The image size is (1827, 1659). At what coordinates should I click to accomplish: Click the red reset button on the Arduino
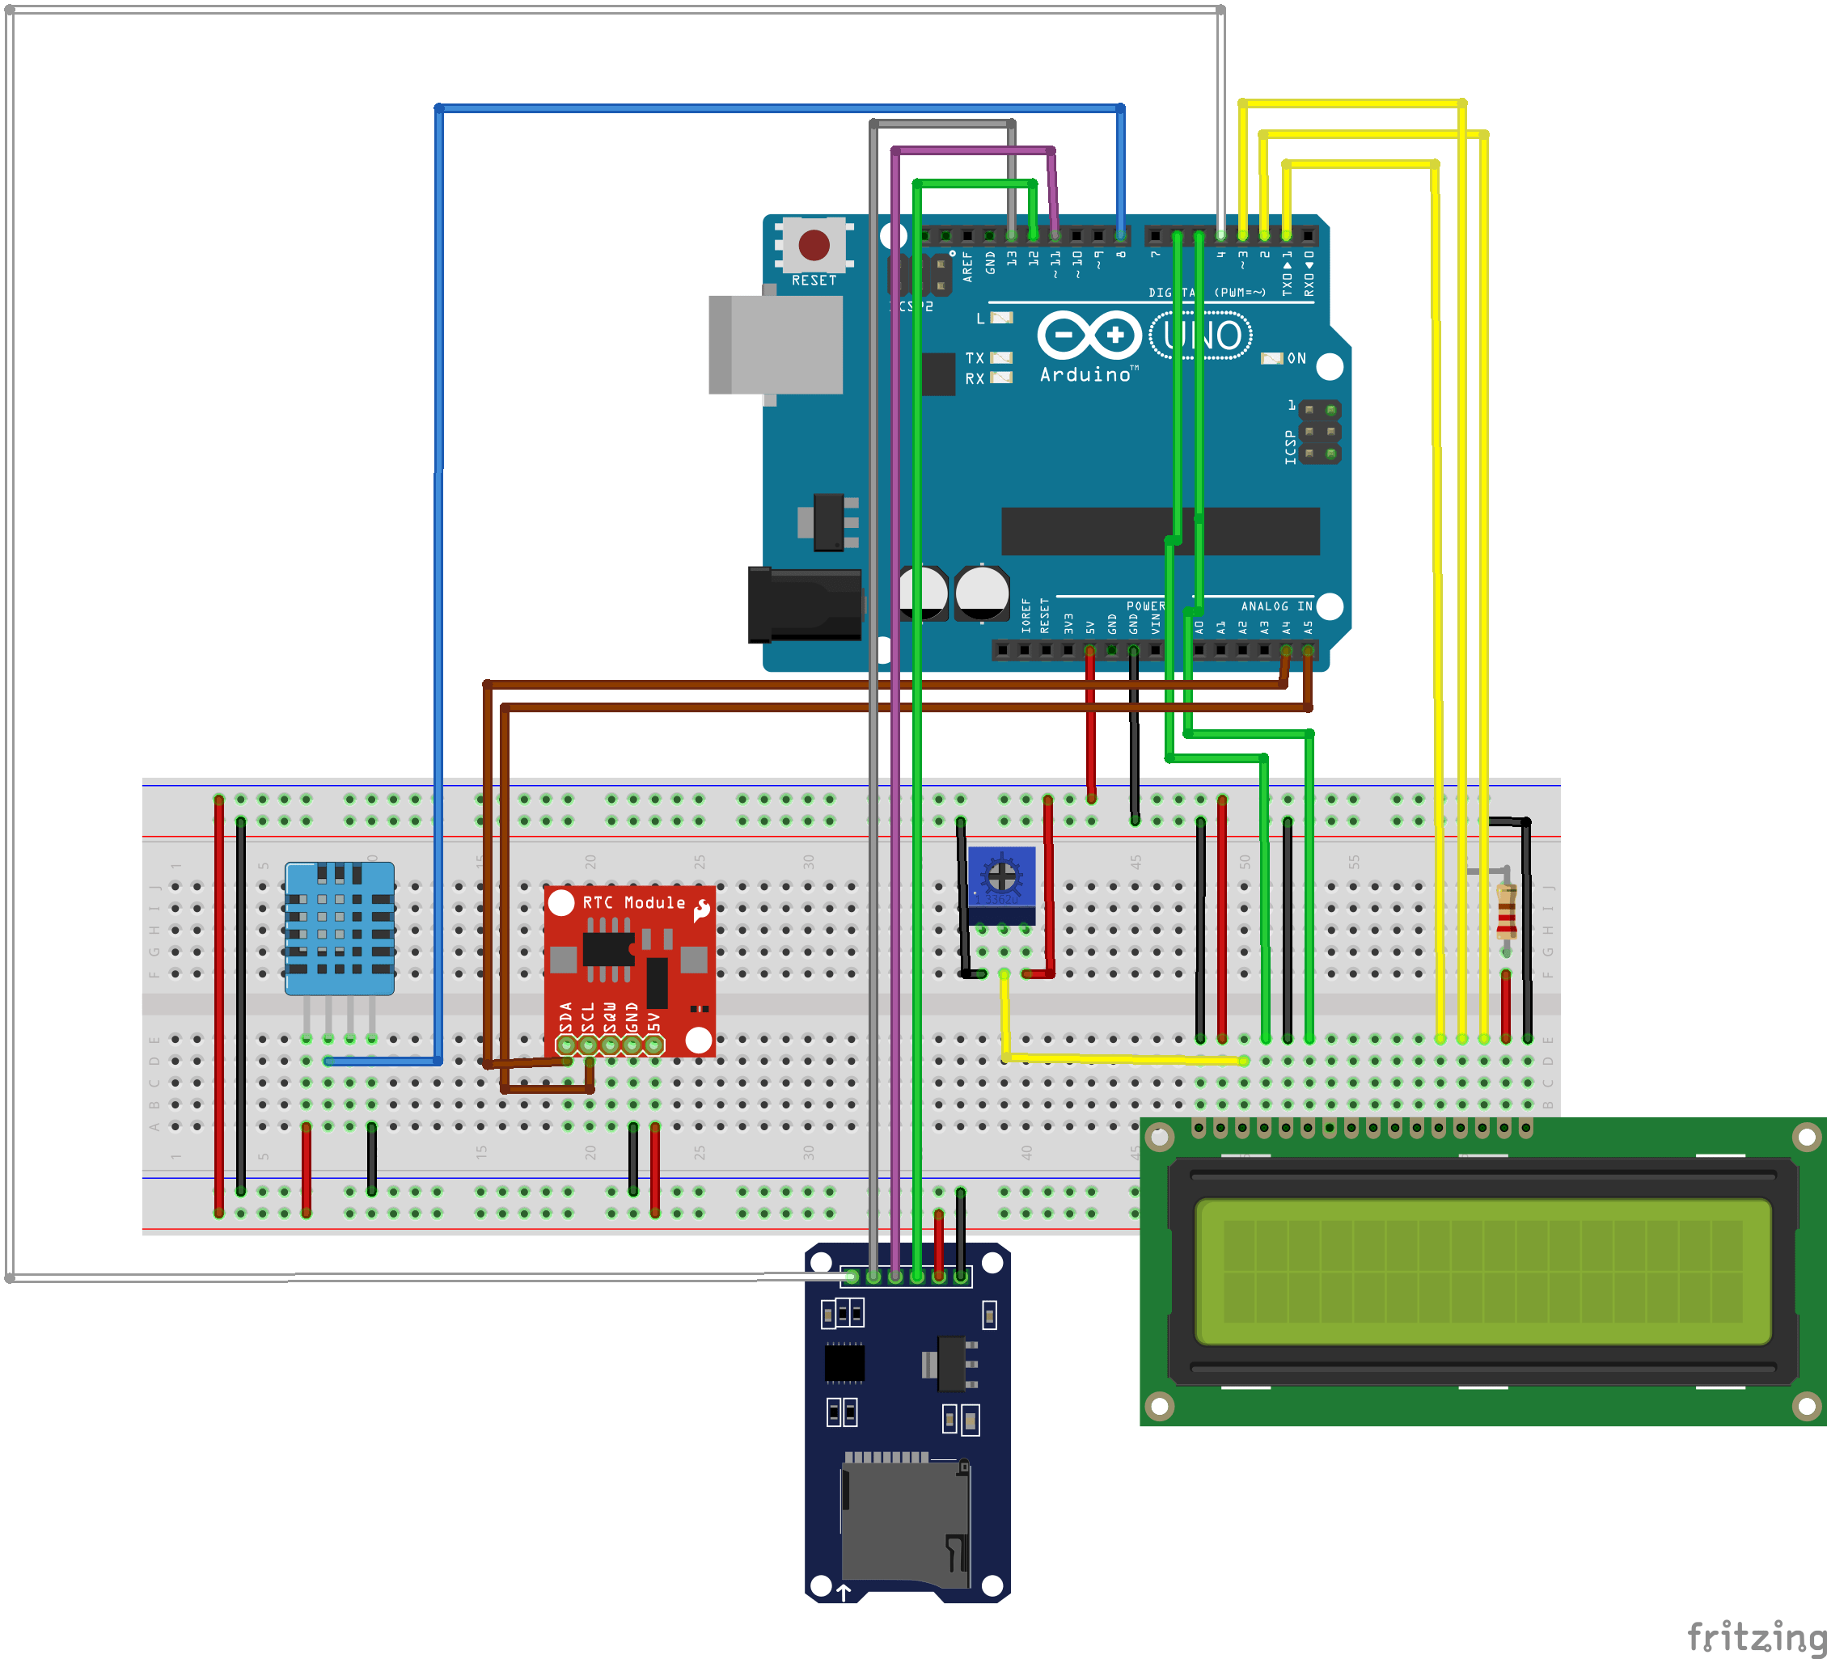[813, 243]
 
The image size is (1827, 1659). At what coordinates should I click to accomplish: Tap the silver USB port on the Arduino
[776, 344]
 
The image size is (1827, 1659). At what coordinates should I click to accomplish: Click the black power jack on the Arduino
[804, 605]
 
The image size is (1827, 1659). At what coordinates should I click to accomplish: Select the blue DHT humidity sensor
[339, 928]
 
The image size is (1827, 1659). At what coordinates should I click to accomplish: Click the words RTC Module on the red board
[633, 902]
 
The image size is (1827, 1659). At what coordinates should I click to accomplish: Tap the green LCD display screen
[1482, 1271]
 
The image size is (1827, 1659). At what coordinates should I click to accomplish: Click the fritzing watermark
[1755, 1636]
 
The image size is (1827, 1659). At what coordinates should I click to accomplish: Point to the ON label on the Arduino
[1296, 359]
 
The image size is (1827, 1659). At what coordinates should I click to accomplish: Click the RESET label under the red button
[814, 281]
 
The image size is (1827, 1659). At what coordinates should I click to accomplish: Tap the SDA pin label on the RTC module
[566, 1016]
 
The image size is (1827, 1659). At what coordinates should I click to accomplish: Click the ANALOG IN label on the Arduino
[1276, 606]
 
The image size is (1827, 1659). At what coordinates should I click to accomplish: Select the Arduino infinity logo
[1089, 336]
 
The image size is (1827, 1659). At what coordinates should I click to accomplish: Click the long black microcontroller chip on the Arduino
[1160, 531]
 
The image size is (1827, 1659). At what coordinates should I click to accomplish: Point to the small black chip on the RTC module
[607, 948]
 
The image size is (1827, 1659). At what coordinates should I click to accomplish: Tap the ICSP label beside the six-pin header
[1290, 447]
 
